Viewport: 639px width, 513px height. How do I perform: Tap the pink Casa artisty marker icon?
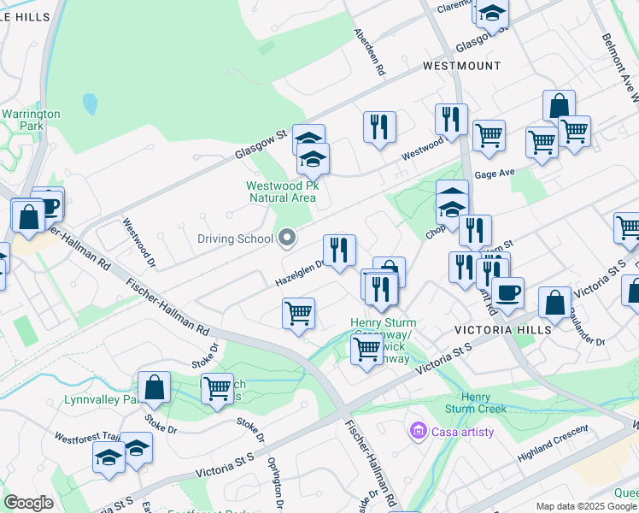click(418, 430)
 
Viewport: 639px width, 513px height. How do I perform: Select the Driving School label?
click(235, 239)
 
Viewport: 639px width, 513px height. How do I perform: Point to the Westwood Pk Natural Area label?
click(281, 191)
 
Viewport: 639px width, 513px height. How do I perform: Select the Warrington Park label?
click(31, 120)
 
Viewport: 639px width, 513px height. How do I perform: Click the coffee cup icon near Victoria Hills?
click(508, 292)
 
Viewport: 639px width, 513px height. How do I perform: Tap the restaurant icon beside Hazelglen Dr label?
click(339, 250)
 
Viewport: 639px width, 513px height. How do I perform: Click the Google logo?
click(28, 503)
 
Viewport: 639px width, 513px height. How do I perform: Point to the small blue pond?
click(90, 104)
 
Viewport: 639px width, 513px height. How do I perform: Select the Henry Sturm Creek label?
click(484, 403)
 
